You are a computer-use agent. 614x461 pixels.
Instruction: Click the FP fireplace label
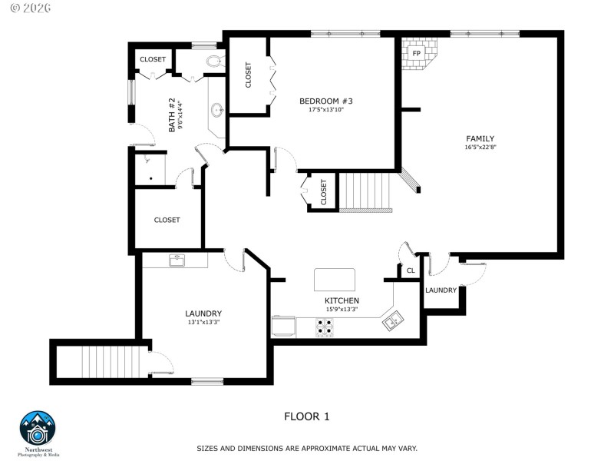point(417,54)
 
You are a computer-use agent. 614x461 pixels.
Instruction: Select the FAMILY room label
point(480,138)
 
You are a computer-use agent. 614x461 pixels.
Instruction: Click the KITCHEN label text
point(342,300)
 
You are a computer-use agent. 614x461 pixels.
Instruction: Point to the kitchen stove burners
point(325,328)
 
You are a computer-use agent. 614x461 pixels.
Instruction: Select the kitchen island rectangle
point(335,280)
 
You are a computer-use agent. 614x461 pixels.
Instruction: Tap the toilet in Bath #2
point(213,62)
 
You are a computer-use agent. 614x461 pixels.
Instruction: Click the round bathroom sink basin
point(218,110)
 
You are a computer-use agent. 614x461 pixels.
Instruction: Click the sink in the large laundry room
point(175,260)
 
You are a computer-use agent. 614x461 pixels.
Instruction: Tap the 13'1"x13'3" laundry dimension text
point(203,323)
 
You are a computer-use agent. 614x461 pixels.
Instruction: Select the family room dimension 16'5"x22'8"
point(480,148)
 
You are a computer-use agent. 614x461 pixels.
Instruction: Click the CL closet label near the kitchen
point(411,270)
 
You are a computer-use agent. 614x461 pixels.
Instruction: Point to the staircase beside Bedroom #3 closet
point(366,192)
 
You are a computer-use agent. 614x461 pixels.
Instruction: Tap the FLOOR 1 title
point(306,416)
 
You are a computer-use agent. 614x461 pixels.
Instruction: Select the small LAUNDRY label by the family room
point(441,290)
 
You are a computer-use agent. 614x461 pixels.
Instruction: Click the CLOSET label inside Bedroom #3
point(249,75)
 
